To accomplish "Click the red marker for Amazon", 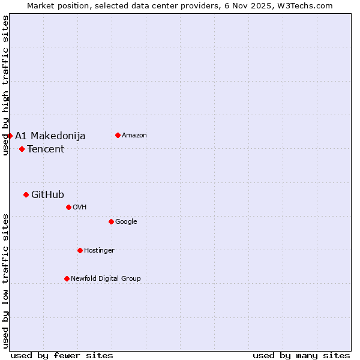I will click(x=118, y=135).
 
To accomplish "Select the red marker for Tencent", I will click(x=22, y=149).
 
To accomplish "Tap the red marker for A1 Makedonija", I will click(x=10, y=136).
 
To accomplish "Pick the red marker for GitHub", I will click(x=26, y=194).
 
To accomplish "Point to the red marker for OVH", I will click(x=68, y=207).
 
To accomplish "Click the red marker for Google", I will click(x=111, y=221).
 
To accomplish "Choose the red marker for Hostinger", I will click(x=80, y=250).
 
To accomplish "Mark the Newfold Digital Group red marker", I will click(x=67, y=278).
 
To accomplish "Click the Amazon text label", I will click(x=134, y=135).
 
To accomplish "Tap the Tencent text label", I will click(x=46, y=149).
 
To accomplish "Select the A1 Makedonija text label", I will click(x=50, y=136).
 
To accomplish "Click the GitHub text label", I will click(x=47, y=194).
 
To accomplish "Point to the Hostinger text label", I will click(x=99, y=250).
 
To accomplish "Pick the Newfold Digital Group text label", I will click(x=106, y=278).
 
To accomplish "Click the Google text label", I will click(x=126, y=221).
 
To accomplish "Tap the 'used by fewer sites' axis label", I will click(x=62, y=355).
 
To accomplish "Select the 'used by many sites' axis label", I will click(x=301, y=355).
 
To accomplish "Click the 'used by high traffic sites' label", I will click(x=5, y=85).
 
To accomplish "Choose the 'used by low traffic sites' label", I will click(x=5, y=281).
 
